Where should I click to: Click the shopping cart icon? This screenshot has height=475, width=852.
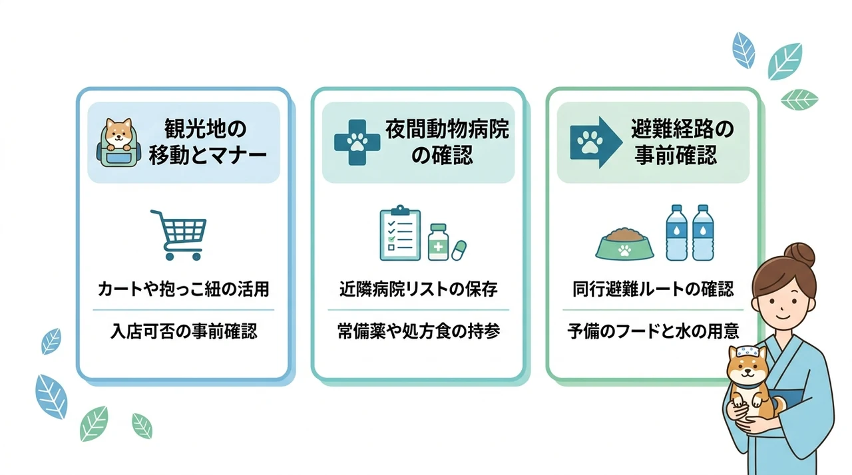179,236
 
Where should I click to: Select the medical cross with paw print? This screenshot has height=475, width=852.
357,142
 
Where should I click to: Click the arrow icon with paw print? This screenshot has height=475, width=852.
596,142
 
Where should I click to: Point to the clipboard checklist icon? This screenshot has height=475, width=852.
400,233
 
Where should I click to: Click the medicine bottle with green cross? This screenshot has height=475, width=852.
438,242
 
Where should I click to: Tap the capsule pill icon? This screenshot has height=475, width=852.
459,250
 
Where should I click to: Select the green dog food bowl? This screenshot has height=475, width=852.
624,244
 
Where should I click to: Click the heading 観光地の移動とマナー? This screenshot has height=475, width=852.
207,142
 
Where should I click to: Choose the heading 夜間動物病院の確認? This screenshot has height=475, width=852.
447,142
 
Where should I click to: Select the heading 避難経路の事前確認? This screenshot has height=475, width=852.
682,142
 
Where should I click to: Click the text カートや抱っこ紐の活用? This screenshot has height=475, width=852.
183,289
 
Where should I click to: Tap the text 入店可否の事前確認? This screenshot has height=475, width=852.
184,331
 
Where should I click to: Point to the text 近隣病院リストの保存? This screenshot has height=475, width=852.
419,289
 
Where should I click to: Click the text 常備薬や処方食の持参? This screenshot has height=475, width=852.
419,331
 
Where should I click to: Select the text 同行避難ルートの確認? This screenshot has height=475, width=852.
653,289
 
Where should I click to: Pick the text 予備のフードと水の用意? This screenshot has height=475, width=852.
653,331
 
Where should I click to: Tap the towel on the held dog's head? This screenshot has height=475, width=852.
747,351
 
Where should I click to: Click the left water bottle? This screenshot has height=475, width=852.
677,233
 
